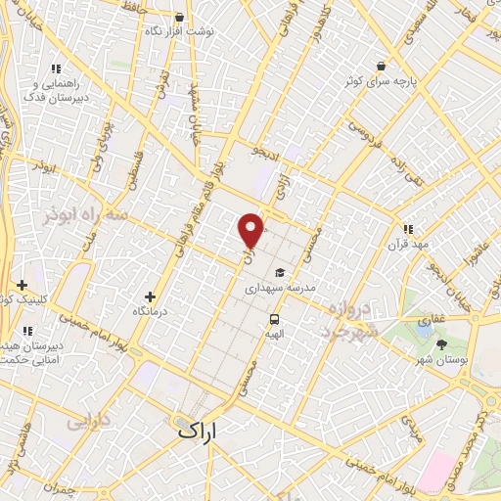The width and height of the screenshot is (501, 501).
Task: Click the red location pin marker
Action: click(251, 230)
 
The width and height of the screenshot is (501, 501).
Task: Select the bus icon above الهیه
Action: click(274, 318)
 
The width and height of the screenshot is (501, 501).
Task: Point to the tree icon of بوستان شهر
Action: click(441, 344)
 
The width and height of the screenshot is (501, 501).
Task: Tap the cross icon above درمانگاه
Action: click(149, 296)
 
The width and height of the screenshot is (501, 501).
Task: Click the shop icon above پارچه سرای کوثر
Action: click(379, 65)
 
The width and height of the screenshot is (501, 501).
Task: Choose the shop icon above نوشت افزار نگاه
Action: click(178, 17)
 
